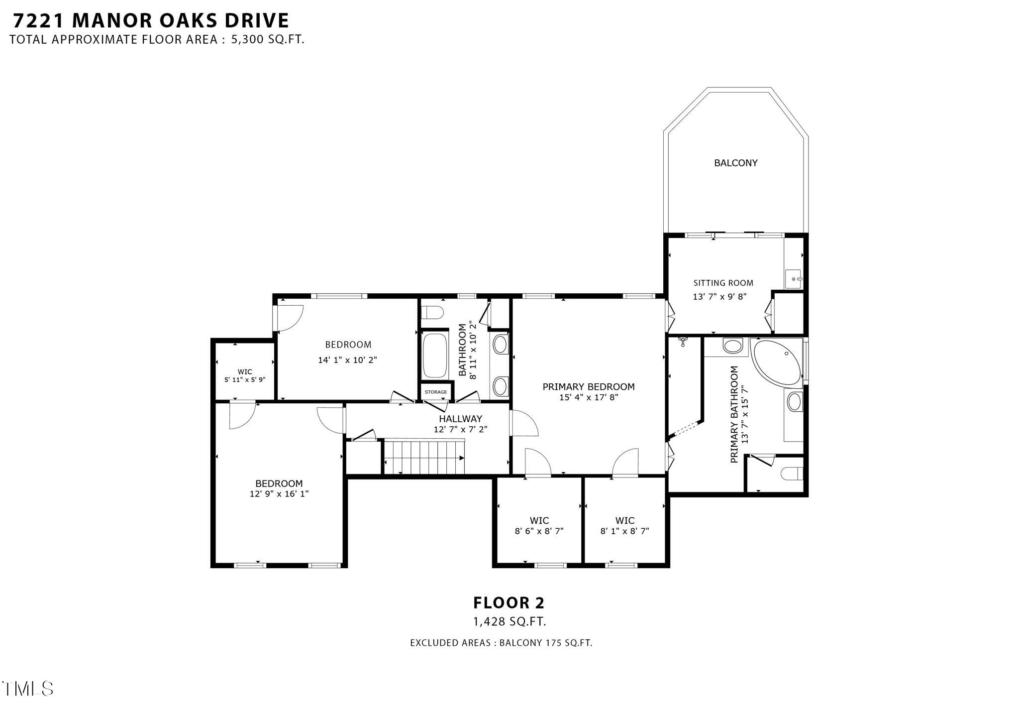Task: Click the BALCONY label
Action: point(735,163)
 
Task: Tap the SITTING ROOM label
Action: point(723,283)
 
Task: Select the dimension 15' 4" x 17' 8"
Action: point(589,397)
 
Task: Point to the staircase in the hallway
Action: point(424,457)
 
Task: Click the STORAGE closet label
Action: point(435,392)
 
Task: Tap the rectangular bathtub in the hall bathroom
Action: point(434,356)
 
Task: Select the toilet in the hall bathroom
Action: point(432,313)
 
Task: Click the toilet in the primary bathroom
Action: point(792,473)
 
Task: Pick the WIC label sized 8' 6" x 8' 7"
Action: point(539,521)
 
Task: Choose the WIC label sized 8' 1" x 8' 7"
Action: point(624,521)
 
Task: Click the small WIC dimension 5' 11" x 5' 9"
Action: point(245,379)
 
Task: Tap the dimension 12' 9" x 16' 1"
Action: point(279,494)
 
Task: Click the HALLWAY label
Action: point(460,419)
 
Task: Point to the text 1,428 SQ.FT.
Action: point(509,621)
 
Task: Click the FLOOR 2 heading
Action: point(509,603)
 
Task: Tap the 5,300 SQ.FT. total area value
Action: point(267,40)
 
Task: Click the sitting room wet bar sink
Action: point(793,279)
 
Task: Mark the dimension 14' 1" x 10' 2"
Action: point(347,360)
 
